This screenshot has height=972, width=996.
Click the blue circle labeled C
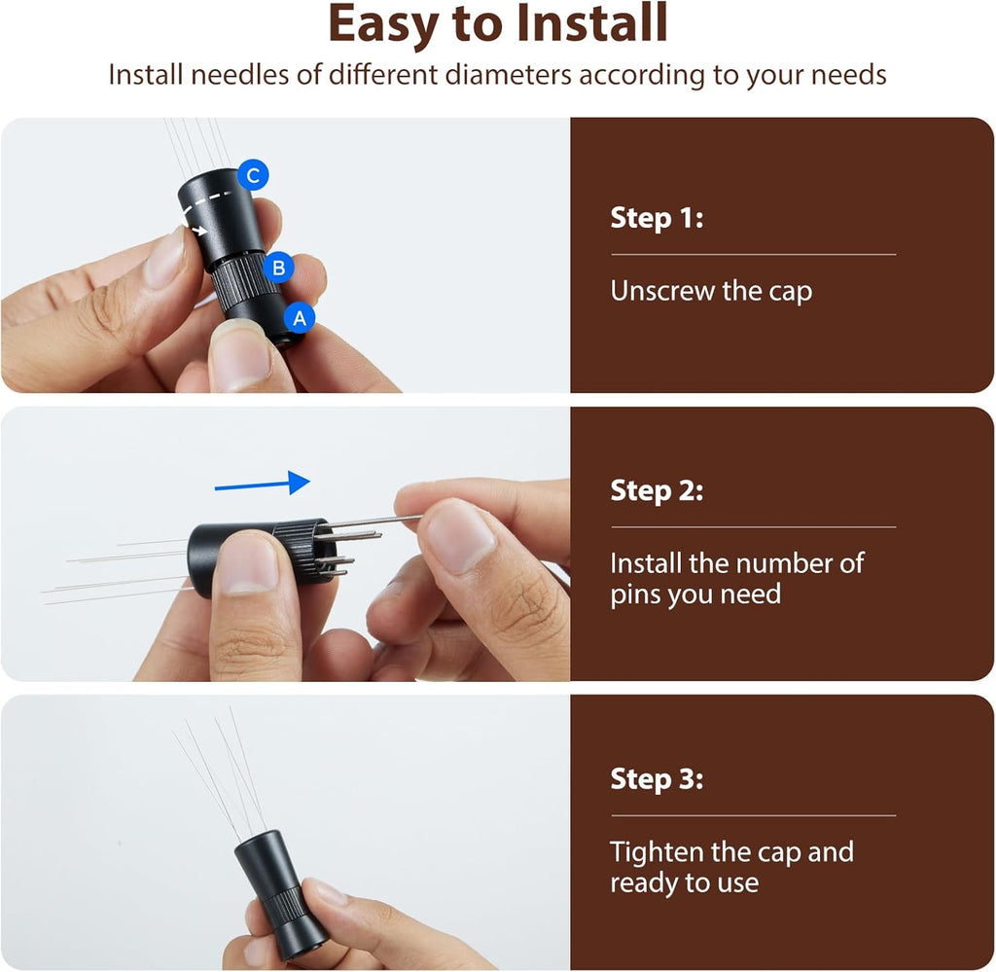(253, 175)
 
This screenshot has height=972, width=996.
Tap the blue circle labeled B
(278, 268)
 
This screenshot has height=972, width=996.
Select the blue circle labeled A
(300, 317)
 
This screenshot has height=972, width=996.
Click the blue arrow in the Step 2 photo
(263, 484)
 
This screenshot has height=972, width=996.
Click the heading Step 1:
(657, 218)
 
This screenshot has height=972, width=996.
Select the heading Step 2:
(657, 490)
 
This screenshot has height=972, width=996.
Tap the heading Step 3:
(657, 779)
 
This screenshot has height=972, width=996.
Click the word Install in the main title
(591, 23)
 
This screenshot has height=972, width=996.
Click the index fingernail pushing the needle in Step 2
(457, 531)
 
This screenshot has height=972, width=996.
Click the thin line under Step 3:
(754, 815)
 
